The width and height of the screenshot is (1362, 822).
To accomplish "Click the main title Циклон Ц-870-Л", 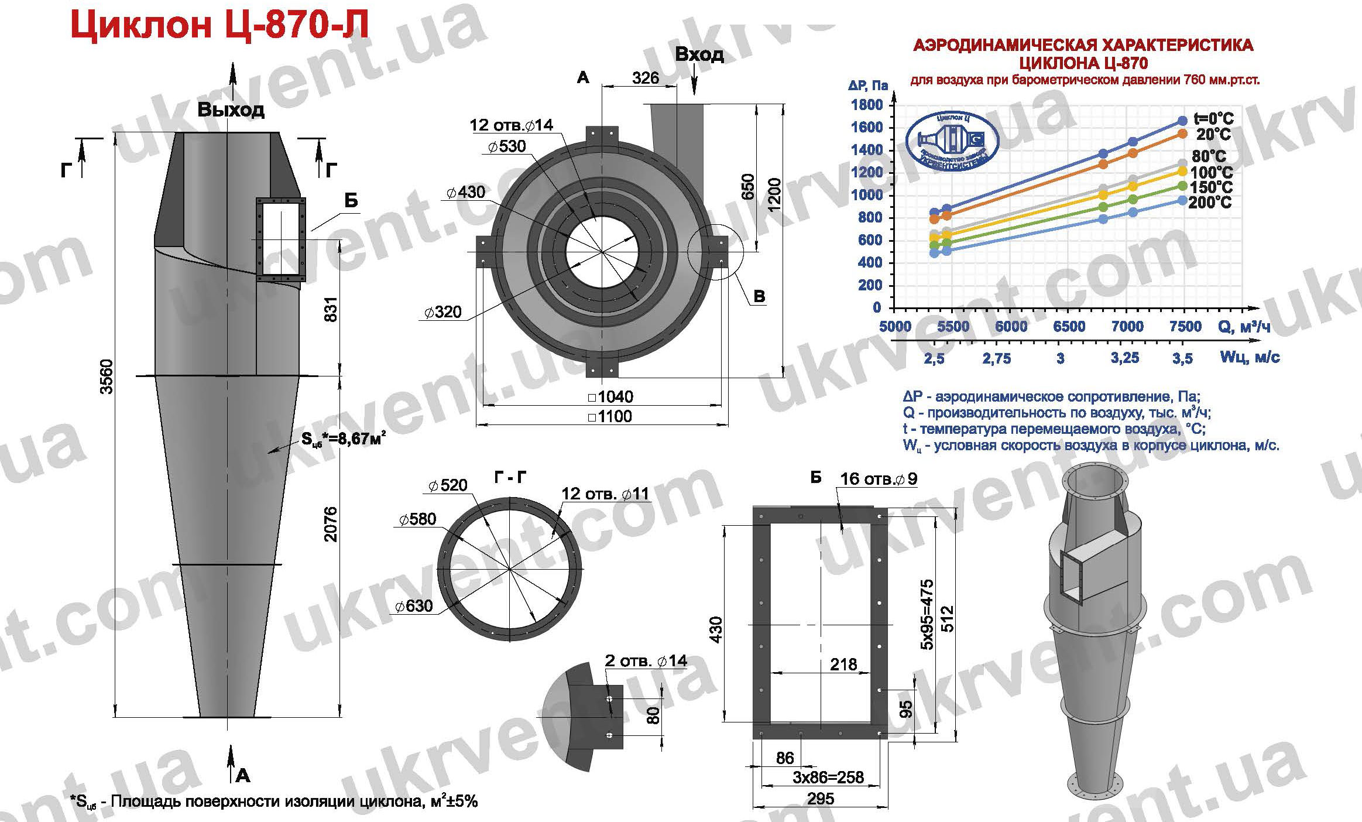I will [219, 25].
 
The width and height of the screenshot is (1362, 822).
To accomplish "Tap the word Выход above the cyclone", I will [231, 109].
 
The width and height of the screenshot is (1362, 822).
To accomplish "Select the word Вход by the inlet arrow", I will [699, 54].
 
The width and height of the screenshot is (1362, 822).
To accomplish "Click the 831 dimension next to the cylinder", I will [331, 306].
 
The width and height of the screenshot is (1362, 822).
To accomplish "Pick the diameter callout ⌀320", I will [443, 312].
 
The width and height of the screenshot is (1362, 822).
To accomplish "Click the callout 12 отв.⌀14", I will [511, 125].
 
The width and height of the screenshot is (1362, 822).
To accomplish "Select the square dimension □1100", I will [609, 416].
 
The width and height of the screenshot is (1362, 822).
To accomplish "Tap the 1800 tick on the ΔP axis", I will [869, 105].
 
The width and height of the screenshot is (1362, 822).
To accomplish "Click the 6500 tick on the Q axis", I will [1069, 327].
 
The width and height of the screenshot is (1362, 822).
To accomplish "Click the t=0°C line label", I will [1213, 119].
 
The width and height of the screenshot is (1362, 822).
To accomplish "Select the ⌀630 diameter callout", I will [414, 605].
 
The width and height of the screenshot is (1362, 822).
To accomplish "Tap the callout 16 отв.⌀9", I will [879, 478].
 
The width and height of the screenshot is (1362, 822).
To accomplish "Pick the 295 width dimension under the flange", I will [820, 799].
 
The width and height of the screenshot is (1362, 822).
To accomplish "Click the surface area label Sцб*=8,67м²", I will [344, 439].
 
